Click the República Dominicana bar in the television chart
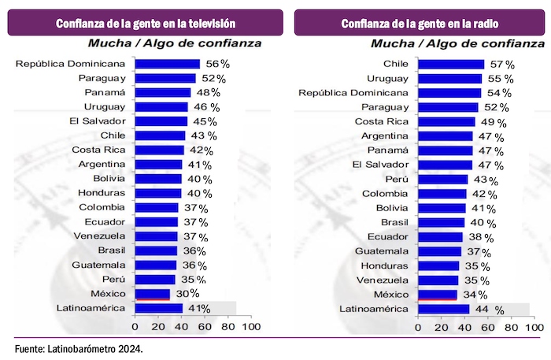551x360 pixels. (167, 64)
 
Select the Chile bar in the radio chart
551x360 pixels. (451, 65)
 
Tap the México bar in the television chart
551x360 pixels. (152, 294)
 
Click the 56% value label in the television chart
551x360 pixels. (218, 64)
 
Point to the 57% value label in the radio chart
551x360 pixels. (504, 65)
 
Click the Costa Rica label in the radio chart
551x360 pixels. (382, 121)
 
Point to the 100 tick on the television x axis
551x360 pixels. (251, 326)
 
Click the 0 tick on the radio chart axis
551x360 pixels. (418, 326)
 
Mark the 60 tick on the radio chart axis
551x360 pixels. (487, 326)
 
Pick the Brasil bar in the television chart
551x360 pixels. (156, 251)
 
